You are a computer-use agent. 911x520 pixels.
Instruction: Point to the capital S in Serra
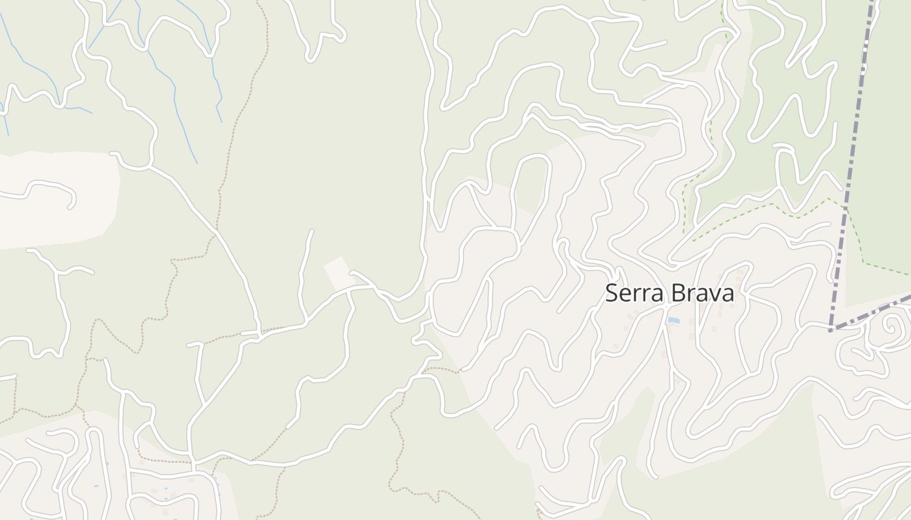click(611, 293)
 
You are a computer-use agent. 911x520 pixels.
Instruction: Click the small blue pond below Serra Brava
click(673, 321)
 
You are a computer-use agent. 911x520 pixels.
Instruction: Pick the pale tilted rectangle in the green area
click(337, 274)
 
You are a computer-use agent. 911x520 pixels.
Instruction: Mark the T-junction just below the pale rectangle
click(349, 291)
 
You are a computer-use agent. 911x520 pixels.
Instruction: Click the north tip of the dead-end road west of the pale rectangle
click(312, 231)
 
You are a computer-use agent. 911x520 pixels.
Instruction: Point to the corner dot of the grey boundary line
click(830, 330)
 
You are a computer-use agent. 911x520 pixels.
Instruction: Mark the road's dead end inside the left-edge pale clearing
click(70, 207)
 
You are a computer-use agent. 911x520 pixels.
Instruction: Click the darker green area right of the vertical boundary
click(885, 162)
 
